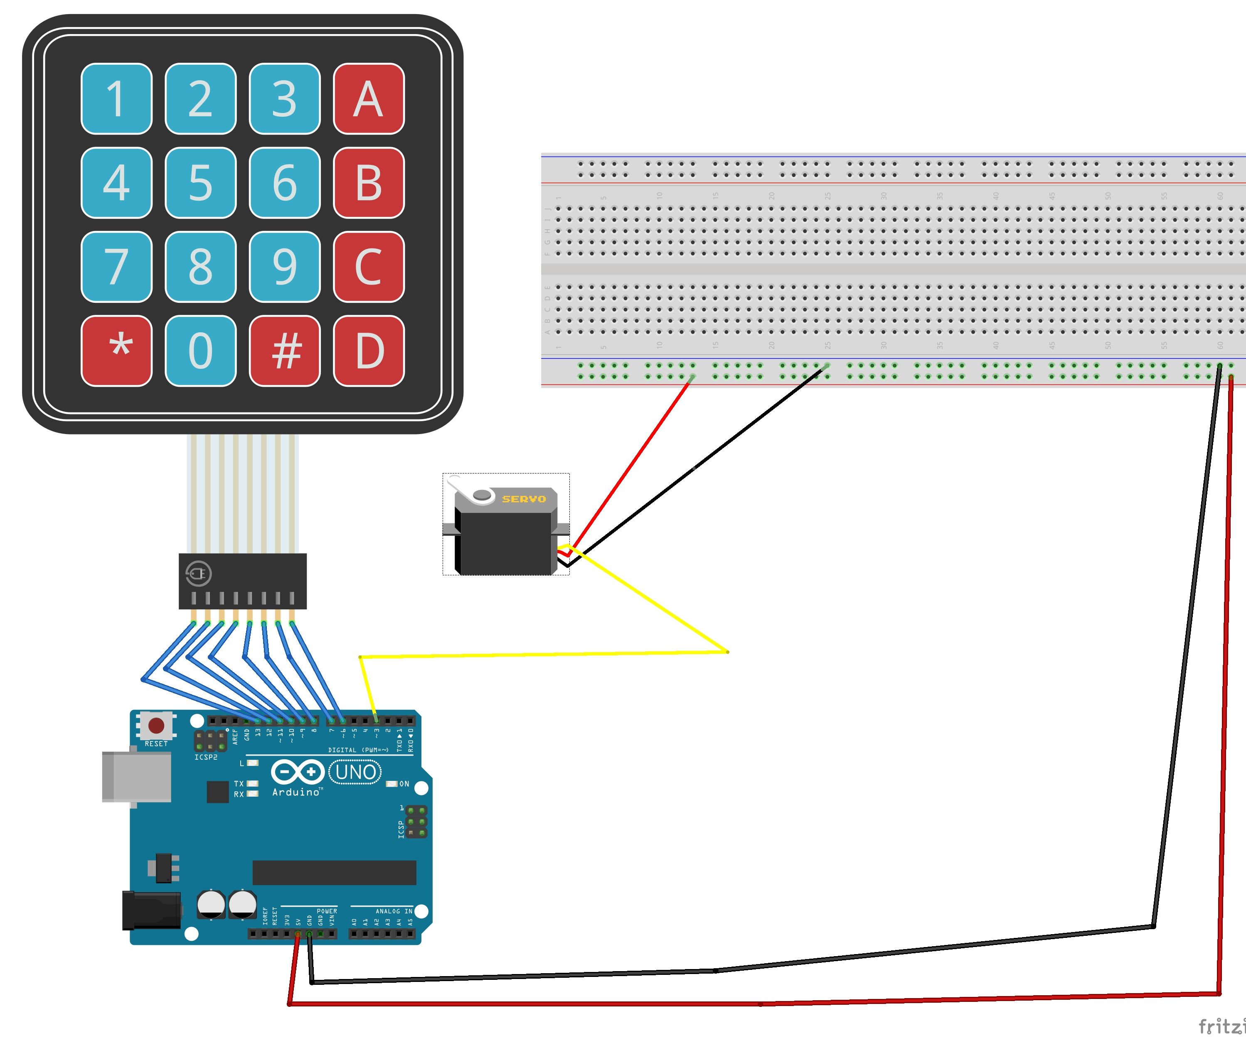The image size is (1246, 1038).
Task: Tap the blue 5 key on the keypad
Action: click(x=201, y=183)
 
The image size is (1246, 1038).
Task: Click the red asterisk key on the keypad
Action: click(x=116, y=351)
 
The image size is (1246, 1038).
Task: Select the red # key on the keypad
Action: click(x=285, y=351)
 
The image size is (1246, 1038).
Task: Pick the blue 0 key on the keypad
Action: click(x=201, y=351)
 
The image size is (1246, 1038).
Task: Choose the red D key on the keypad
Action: click(x=369, y=351)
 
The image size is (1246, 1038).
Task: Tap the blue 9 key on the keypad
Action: click(x=285, y=266)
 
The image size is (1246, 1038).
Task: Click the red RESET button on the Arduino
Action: click(x=156, y=725)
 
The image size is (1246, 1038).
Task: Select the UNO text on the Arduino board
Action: click(x=355, y=772)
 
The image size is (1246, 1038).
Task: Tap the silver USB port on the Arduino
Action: click(x=136, y=777)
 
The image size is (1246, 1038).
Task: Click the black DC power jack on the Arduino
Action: click(x=151, y=910)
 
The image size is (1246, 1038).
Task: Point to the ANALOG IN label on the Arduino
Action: click(x=394, y=911)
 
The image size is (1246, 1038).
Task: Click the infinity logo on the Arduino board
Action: click(x=297, y=772)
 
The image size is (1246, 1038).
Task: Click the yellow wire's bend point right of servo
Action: click(x=727, y=652)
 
